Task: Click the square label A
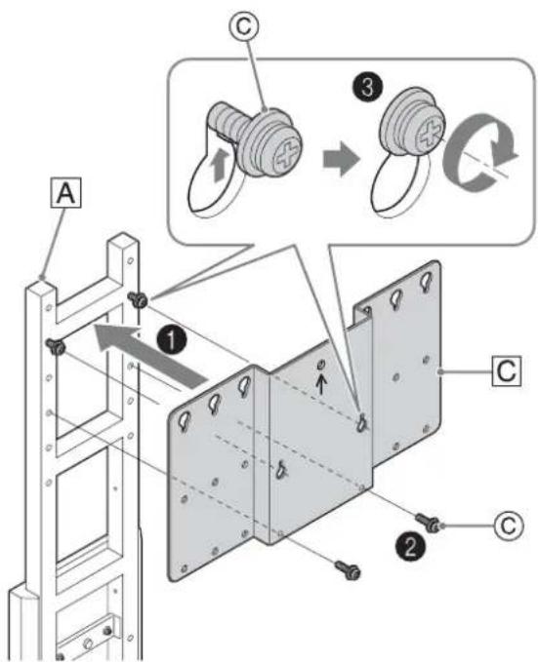point(66,193)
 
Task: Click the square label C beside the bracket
point(507,371)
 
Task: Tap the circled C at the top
point(243,26)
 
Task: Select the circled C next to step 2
point(508,526)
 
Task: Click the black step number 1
point(171,340)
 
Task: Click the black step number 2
point(410,547)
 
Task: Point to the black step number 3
point(367,89)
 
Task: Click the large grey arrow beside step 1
point(150,355)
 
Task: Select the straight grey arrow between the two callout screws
point(342,159)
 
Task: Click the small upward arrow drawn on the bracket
point(321,385)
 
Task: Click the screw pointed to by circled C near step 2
point(427,523)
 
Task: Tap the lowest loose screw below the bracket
point(348,569)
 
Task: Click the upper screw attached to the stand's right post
point(138,299)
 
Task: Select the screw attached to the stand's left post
point(56,346)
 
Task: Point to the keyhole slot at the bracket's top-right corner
point(426,281)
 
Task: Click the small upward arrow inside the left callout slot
point(219,167)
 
